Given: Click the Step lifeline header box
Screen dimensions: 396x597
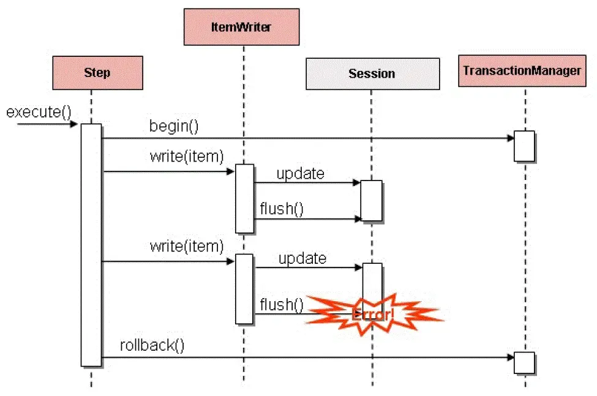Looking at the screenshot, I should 97,73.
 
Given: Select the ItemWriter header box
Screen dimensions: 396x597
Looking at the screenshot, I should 242,27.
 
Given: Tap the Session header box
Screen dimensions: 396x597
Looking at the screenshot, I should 372,74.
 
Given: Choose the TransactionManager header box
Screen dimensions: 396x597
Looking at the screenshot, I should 522,70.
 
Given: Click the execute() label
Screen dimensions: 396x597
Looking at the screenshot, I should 39,112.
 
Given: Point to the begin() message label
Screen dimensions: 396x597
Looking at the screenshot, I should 175,127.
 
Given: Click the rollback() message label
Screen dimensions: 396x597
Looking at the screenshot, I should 152,345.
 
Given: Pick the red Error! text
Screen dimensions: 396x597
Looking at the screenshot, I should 374,315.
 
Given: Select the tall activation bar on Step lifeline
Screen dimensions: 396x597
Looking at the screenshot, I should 91,245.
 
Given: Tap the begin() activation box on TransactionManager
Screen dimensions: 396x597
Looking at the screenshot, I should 524,146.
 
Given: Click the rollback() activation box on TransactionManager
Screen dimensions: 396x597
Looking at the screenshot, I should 524,362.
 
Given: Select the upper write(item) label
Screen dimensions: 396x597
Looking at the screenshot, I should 186,157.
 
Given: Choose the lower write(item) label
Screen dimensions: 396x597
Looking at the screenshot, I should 186,247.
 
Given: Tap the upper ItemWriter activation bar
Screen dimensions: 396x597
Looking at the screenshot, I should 244,198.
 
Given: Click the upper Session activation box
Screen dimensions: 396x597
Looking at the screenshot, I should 371,200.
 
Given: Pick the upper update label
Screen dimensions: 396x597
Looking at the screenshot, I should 300,173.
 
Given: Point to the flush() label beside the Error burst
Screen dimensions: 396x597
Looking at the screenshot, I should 282,304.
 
